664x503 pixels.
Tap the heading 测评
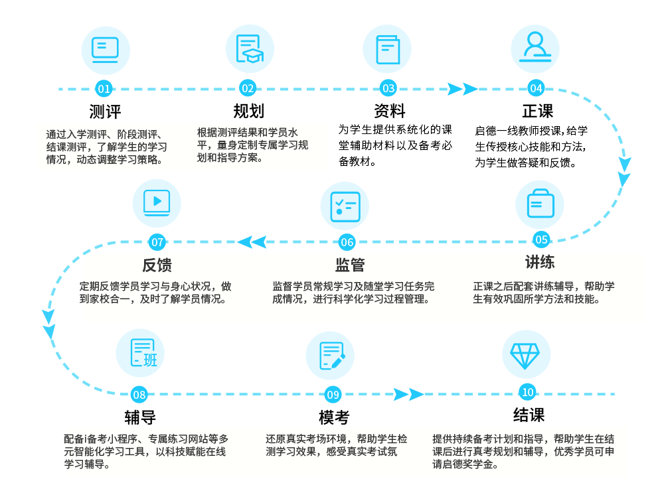(105, 111)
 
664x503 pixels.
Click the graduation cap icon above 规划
(250, 49)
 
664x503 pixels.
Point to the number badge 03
(388, 88)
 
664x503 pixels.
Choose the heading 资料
(389, 111)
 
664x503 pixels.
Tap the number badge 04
(536, 88)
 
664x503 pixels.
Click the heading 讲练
(539, 261)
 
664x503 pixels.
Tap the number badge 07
(157, 242)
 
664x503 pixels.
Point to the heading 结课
(529, 415)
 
